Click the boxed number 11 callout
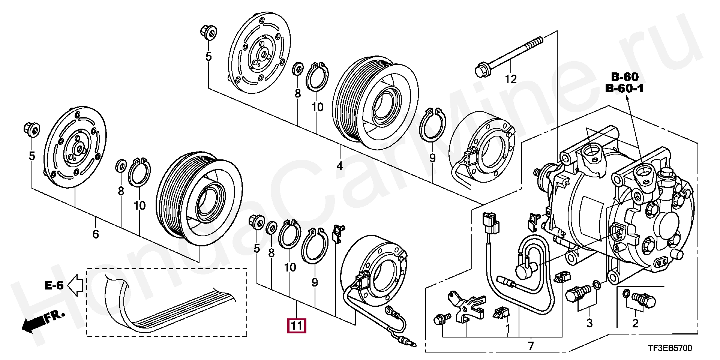[x=296, y=325]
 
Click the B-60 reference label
[x=624, y=77]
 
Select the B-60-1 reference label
[x=624, y=88]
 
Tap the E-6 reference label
[x=54, y=285]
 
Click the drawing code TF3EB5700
[x=670, y=348]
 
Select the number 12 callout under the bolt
[x=510, y=79]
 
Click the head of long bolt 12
[x=481, y=70]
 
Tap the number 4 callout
[x=340, y=165]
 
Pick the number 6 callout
[x=96, y=234]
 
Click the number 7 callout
[x=531, y=346]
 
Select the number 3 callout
[x=589, y=323]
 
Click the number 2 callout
[x=635, y=323]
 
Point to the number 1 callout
[x=508, y=328]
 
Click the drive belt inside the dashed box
[x=169, y=311]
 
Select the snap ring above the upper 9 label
[x=433, y=125]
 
